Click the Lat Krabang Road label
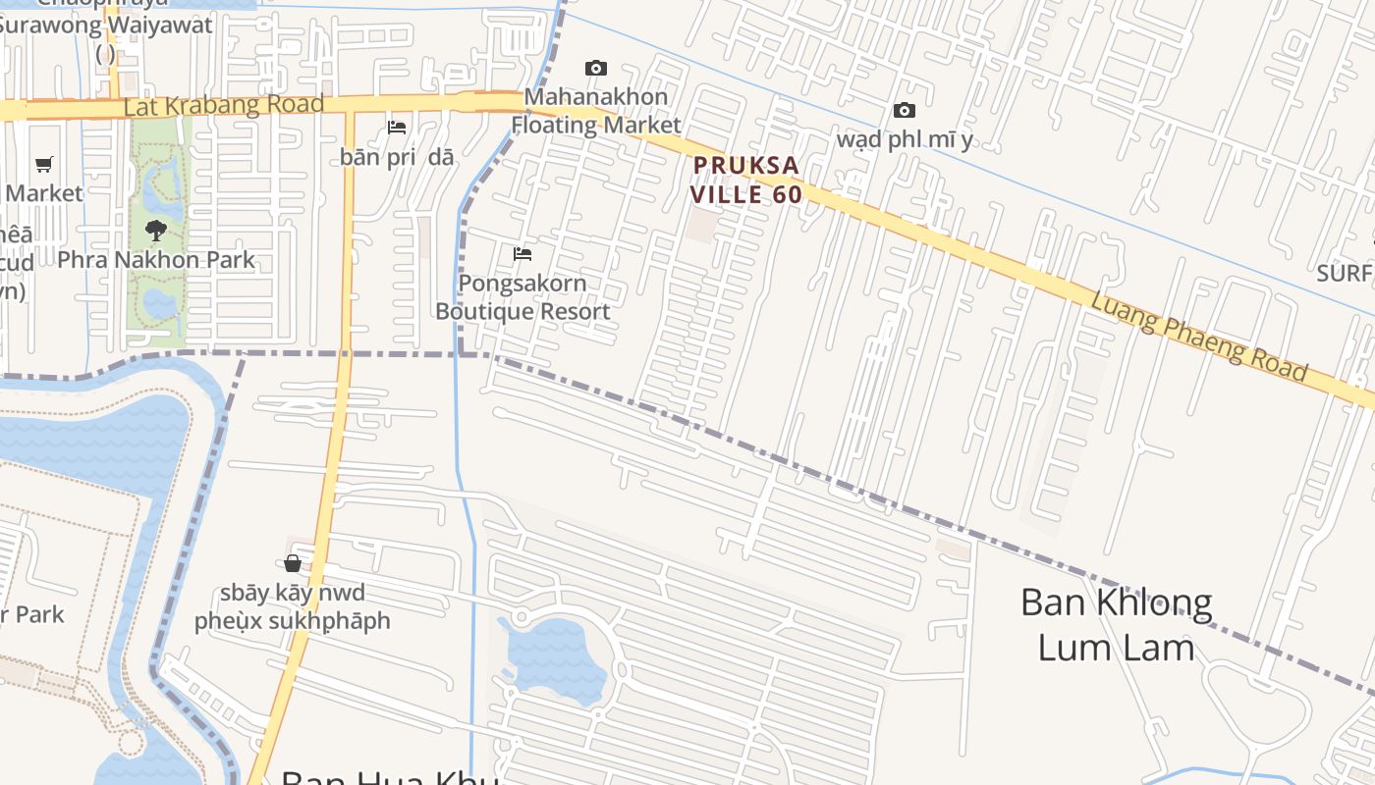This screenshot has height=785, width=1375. tap(223, 105)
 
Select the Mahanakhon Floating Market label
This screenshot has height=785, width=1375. tap(595, 111)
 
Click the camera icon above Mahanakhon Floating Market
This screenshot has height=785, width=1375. tap(595, 68)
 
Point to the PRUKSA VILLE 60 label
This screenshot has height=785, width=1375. tap(745, 180)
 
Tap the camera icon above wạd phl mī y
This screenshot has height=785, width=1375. tap(904, 110)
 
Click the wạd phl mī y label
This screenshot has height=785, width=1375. tap(904, 139)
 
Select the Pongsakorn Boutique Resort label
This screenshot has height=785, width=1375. tap(522, 297)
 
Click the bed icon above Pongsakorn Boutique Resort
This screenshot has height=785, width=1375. tap(522, 254)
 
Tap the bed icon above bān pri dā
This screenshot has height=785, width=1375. tap(397, 128)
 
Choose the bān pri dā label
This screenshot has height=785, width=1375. tap(397, 157)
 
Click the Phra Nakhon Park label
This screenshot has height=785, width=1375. tap(155, 260)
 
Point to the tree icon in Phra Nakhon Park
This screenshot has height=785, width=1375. tap(155, 232)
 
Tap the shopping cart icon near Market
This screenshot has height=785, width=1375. tap(43, 164)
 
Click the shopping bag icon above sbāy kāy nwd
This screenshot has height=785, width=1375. tap(293, 562)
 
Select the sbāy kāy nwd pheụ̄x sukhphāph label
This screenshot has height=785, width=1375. tap(292, 606)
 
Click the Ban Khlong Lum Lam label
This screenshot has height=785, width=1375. tap(1116, 624)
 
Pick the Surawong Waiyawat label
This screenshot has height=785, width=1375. tap(106, 26)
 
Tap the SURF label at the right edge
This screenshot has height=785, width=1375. tap(1344, 273)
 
